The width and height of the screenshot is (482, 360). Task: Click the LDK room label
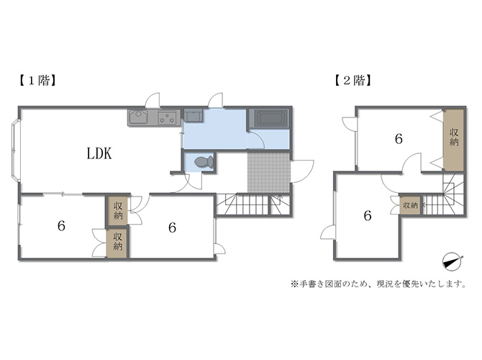[x=99, y=153]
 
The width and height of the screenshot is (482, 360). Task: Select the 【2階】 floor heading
[x=353, y=81]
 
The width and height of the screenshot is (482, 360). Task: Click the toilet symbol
[x=204, y=161]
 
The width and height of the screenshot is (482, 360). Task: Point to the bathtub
[x=269, y=119]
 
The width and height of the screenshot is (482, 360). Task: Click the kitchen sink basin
[x=139, y=117]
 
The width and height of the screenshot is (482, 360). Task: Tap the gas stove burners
[x=167, y=117]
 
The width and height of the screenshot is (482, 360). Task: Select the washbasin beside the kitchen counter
[x=193, y=115]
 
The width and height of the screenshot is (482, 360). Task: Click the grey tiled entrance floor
[x=268, y=171]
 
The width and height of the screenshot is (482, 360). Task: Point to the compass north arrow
[x=453, y=263]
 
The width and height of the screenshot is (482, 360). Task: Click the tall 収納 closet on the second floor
[x=453, y=140]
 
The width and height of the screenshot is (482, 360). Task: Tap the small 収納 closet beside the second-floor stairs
[x=410, y=205]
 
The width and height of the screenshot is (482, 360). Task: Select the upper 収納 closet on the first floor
[x=117, y=210]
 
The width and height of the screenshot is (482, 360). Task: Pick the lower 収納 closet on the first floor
[x=117, y=242]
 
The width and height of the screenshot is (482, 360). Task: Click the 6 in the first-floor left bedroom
[x=61, y=227]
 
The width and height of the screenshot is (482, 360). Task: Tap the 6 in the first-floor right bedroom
[x=172, y=228]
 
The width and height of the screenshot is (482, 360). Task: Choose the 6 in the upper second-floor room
[x=399, y=139]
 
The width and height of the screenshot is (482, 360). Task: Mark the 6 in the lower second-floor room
[x=368, y=216]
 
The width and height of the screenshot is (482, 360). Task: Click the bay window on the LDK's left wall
[x=15, y=150]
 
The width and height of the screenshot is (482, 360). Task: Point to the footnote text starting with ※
[x=378, y=284]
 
